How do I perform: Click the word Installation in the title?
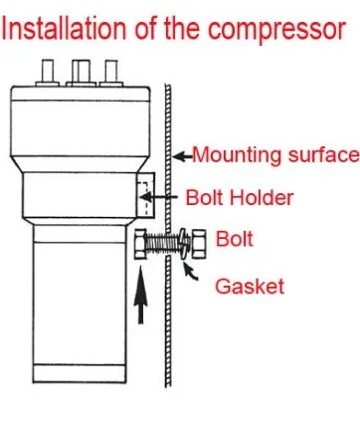click(x=64, y=28)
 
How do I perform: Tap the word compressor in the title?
click(x=276, y=31)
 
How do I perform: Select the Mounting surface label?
click(x=275, y=155)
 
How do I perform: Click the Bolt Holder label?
click(x=240, y=198)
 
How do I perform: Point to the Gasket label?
click(x=250, y=286)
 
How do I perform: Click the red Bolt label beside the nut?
click(x=235, y=239)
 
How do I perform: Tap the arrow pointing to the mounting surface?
click(x=183, y=156)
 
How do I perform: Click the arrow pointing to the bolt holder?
click(x=158, y=197)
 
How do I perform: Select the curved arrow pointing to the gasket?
click(x=191, y=272)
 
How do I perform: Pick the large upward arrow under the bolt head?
click(x=141, y=296)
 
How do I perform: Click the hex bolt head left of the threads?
click(x=140, y=244)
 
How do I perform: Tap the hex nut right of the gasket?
click(x=198, y=244)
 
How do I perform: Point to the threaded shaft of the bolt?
click(x=162, y=245)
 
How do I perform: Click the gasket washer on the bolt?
click(x=185, y=245)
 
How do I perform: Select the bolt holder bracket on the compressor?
click(x=145, y=195)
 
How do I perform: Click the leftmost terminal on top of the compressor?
click(x=48, y=73)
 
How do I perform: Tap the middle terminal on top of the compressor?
click(x=82, y=73)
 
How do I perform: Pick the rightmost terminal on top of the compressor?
click(x=111, y=73)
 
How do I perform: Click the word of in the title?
click(x=146, y=28)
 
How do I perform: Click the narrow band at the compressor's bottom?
click(x=80, y=373)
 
